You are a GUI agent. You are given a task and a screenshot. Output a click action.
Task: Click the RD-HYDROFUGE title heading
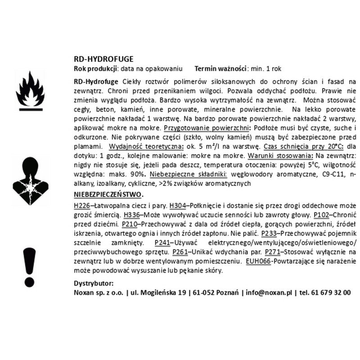click(103, 59)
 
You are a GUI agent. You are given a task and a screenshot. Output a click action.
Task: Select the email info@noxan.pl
click(267, 292)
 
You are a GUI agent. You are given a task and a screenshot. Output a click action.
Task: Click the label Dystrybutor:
click(94, 283)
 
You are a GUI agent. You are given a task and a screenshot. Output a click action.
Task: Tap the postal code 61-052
click(202, 292)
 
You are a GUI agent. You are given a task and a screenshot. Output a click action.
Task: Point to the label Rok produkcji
click(95, 69)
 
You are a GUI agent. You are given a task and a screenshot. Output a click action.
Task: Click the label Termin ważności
click(221, 69)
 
